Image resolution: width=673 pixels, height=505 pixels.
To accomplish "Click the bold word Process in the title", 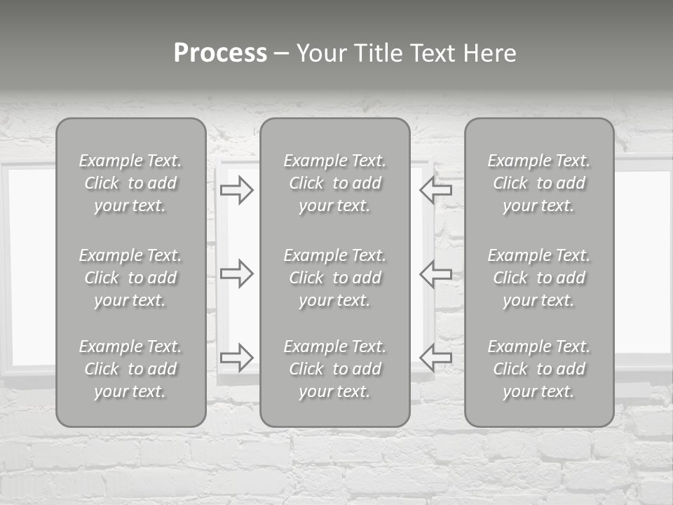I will tap(220, 53).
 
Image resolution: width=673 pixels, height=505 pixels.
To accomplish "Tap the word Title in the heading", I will tap(377, 53).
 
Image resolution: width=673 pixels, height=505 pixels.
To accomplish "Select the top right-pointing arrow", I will tap(236, 190).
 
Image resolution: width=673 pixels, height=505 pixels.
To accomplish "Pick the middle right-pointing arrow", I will tap(236, 273).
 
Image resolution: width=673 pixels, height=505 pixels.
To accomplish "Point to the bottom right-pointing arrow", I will tap(236, 358).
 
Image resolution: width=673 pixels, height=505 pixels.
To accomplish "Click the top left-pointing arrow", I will tap(435, 190).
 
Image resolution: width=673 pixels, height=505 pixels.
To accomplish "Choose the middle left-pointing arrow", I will tap(435, 273).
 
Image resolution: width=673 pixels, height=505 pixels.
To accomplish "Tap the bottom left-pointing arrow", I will tap(435, 358).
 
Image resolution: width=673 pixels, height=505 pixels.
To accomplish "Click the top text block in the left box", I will tap(130, 183).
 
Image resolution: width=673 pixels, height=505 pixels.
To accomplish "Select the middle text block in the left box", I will tap(130, 278).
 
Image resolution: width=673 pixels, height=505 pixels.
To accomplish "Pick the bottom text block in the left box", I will tap(130, 369).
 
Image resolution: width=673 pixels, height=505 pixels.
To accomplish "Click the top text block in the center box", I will tap(335, 183).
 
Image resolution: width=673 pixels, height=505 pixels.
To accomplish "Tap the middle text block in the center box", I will tap(335, 278).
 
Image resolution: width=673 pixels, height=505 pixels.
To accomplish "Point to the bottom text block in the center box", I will tap(335, 369).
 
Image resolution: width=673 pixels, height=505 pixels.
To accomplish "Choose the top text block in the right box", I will tap(539, 183).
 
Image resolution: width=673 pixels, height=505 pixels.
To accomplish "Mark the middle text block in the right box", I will tap(539, 278).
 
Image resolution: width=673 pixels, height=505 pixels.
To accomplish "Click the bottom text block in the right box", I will tap(539, 369).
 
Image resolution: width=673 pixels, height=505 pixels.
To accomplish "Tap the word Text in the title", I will tap(433, 53).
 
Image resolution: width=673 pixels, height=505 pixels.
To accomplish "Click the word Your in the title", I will tap(321, 53).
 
